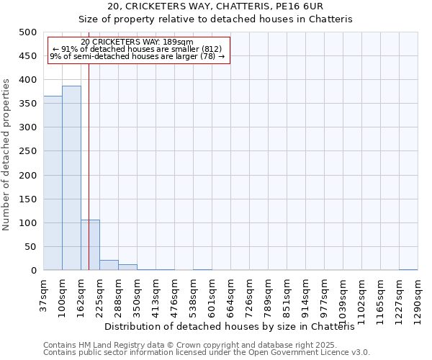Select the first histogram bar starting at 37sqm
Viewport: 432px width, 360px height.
pyautogui.click(x=53, y=183)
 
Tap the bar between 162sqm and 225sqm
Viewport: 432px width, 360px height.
pyautogui.click(x=90, y=245)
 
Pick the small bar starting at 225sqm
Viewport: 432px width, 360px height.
pyautogui.click(x=109, y=265)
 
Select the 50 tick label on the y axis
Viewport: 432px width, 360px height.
pyautogui.click(x=30, y=247)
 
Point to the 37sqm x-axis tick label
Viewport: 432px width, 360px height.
pyautogui.click(x=43, y=295)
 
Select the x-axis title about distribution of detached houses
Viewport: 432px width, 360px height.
pyautogui.click(x=235, y=326)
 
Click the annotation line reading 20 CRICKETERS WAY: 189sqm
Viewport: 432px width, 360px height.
pyautogui.click(x=138, y=42)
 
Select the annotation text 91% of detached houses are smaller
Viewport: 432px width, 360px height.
pyautogui.click(x=138, y=49)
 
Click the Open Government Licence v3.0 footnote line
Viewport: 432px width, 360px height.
pyautogui.click(x=207, y=353)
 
